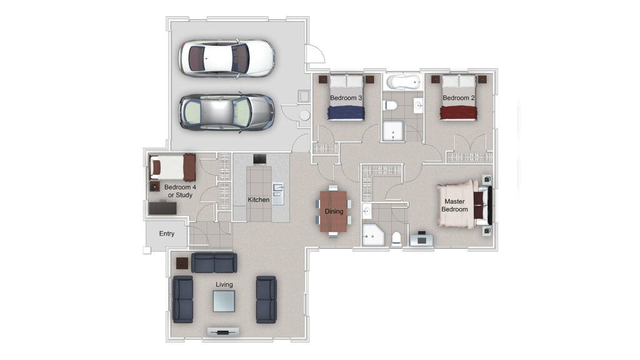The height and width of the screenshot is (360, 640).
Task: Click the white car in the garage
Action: pos(226,58)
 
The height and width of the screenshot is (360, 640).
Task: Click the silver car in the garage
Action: pos(226,112)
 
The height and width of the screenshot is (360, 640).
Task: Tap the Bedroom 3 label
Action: pos(346,98)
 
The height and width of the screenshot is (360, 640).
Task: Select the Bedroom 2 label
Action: pos(458,98)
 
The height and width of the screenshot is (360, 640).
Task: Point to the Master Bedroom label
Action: pos(455,205)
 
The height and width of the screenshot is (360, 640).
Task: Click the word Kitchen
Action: pos(258,199)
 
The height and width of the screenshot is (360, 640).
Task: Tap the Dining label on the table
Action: pos(334,211)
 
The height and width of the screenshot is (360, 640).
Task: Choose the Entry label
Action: pos(166,234)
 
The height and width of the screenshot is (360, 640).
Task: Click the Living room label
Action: pos(224,284)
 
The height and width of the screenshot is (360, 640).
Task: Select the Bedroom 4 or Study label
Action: pos(180,191)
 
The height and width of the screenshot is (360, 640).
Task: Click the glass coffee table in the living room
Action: pos(224,301)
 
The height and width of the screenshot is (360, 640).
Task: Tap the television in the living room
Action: pos(223,331)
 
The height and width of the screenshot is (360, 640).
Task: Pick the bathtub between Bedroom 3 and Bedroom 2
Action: pos(403,82)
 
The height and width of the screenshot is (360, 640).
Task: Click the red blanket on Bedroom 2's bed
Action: pos(458,112)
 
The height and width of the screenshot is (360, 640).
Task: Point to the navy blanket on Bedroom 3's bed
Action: pos(346,112)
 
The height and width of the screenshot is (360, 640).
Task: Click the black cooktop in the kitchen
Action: pos(259,159)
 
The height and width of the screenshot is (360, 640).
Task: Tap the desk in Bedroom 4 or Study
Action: pos(162,208)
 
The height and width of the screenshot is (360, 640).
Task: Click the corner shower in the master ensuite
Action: pos(373,234)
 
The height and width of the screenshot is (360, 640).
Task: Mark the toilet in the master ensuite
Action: pos(397,239)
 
